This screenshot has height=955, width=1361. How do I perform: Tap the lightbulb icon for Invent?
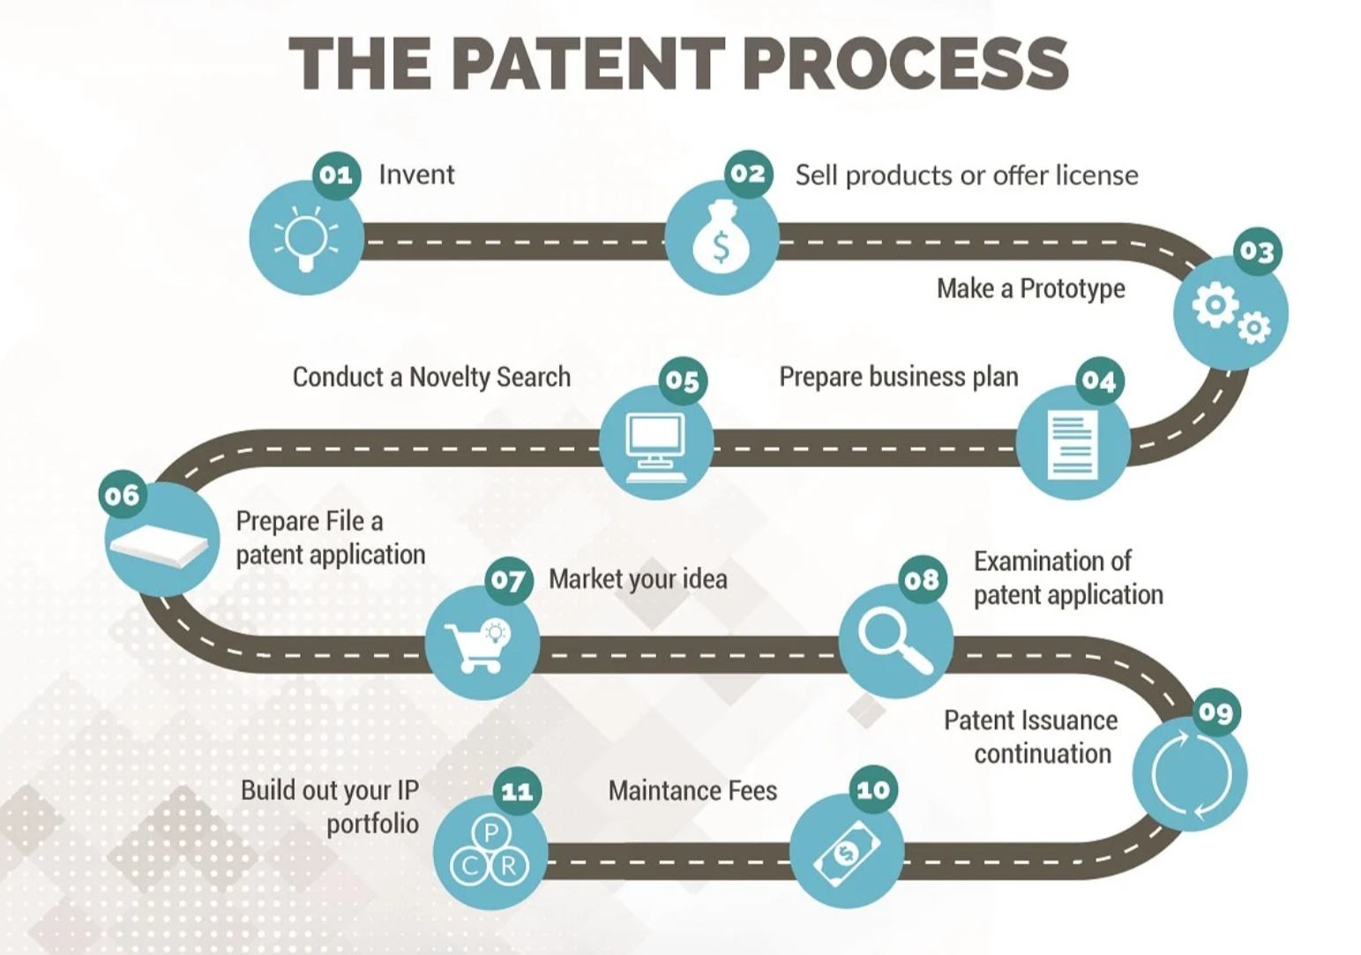coord(306,238)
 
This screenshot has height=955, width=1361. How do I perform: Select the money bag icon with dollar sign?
coord(721,239)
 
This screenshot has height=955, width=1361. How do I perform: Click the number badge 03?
coord(1256,252)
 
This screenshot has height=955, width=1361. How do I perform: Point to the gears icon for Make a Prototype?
coord(1230,313)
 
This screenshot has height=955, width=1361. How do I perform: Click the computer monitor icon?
coord(655,444)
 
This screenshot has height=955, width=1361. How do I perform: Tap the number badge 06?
coord(123,495)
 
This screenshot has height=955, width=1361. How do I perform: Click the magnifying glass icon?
coord(894,641)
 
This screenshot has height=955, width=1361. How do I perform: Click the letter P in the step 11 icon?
coord(490,832)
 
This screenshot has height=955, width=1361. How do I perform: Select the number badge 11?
coord(517,791)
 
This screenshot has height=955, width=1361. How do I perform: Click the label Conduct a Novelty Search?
coord(431,377)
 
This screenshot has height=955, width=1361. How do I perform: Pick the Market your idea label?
coord(638,579)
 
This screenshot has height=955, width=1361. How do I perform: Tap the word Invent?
coord(416,175)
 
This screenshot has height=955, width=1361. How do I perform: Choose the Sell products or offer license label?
coord(966,175)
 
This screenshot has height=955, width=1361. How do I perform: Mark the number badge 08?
coord(922,579)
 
